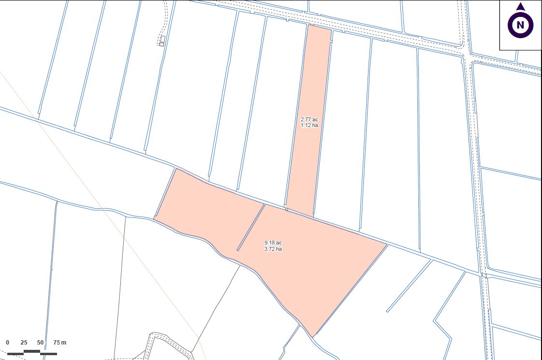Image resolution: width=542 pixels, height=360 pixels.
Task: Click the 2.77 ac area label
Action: click(x=309, y=119)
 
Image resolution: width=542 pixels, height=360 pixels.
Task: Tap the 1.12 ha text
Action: click(x=309, y=125)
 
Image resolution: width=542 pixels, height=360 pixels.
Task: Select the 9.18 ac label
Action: click(x=273, y=243)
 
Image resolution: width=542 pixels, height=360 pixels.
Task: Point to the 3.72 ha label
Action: click(x=273, y=249)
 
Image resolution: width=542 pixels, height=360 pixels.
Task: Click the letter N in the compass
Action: click(x=520, y=25)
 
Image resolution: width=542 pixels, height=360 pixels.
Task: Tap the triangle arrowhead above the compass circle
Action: click(x=520, y=7)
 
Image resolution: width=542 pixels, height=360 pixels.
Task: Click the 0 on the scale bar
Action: click(x=8, y=343)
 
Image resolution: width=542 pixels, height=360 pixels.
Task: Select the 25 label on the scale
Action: click(x=24, y=343)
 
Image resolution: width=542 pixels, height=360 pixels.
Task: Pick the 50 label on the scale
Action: click(x=40, y=343)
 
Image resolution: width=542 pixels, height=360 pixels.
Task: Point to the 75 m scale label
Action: click(x=59, y=343)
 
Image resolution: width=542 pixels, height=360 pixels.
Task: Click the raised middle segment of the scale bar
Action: click(x=32, y=351)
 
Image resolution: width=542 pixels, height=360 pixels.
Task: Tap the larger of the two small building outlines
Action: click(x=163, y=39)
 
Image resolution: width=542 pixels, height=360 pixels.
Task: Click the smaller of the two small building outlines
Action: click(x=161, y=44)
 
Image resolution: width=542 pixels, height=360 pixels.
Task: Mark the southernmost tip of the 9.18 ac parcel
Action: click(x=313, y=336)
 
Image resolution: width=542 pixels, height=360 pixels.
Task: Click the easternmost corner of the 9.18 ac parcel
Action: click(x=386, y=245)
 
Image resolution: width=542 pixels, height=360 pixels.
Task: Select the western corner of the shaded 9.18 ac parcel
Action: click(x=154, y=218)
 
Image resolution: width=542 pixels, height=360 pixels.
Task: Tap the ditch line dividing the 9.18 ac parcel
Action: click(x=251, y=227)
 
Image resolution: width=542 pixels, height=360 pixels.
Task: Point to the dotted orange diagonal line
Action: click(x=97, y=193)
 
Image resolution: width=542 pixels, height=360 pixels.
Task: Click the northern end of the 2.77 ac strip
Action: click(x=319, y=27)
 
